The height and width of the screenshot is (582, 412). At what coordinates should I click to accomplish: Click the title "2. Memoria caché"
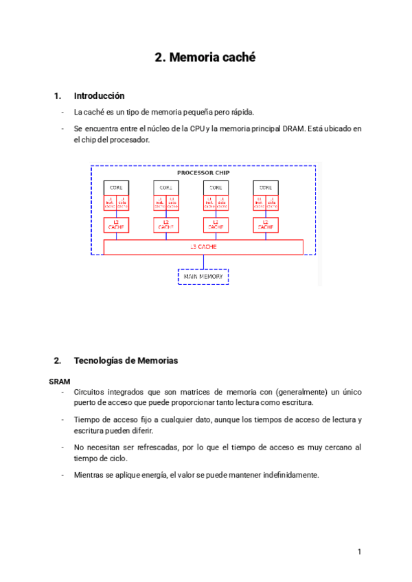click(205, 58)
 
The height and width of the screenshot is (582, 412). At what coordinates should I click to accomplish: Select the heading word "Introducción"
click(99, 96)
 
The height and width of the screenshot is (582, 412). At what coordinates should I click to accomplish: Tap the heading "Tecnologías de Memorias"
click(126, 360)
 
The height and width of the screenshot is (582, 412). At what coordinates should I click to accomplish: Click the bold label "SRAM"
click(60, 380)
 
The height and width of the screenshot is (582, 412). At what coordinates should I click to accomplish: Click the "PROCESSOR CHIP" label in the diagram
click(203, 173)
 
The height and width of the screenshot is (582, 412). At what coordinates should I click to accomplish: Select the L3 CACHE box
click(203, 247)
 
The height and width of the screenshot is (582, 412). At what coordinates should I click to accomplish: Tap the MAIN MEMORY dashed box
click(203, 277)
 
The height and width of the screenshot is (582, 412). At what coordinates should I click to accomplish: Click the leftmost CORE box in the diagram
click(116, 187)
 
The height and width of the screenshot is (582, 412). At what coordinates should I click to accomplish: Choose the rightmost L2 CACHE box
click(264, 224)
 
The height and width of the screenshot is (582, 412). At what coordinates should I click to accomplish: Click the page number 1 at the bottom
click(359, 552)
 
